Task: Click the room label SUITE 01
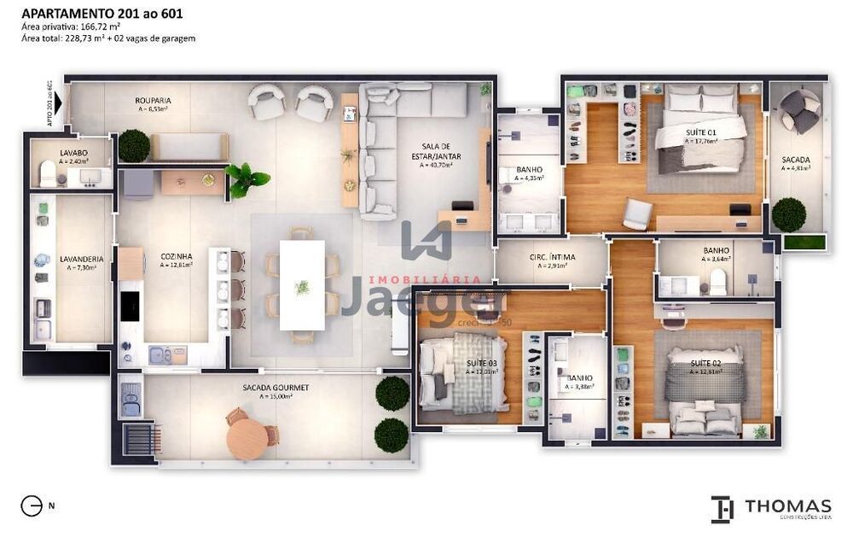(x=701, y=133)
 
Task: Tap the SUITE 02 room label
(x=706, y=364)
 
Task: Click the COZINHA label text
(x=177, y=255)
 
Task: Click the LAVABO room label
(x=73, y=153)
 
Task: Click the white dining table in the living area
(x=303, y=285)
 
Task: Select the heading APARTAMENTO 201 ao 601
(x=101, y=14)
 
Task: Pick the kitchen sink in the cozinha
(x=167, y=354)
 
